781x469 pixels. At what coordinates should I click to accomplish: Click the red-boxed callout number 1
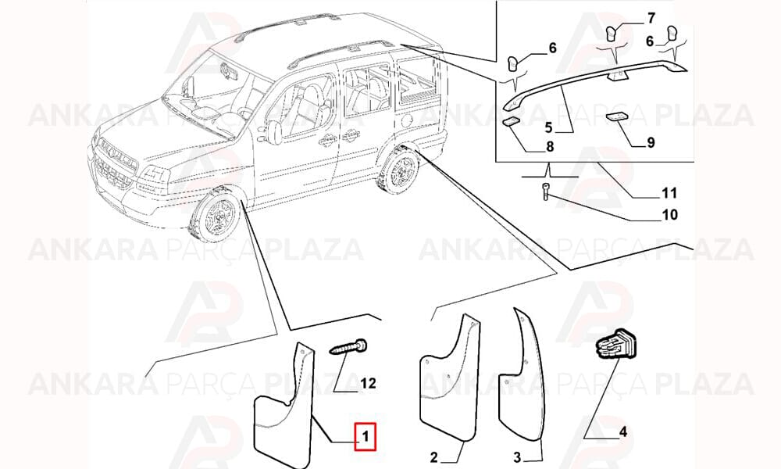(366, 437)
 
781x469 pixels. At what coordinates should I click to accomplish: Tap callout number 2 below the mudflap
(433, 456)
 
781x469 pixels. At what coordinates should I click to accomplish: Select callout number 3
(517, 456)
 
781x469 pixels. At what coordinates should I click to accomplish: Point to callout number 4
(622, 431)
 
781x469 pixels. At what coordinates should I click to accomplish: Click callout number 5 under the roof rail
(548, 127)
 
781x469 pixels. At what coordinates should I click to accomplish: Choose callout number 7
(651, 19)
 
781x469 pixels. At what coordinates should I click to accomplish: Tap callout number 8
(550, 146)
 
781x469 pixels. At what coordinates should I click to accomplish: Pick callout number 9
(651, 142)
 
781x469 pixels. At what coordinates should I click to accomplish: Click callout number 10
(670, 214)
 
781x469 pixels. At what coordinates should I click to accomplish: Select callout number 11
(669, 192)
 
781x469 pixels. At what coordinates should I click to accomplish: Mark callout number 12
(368, 383)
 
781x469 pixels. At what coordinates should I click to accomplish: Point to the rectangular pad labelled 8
(511, 121)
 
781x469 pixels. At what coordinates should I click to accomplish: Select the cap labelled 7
(612, 34)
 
